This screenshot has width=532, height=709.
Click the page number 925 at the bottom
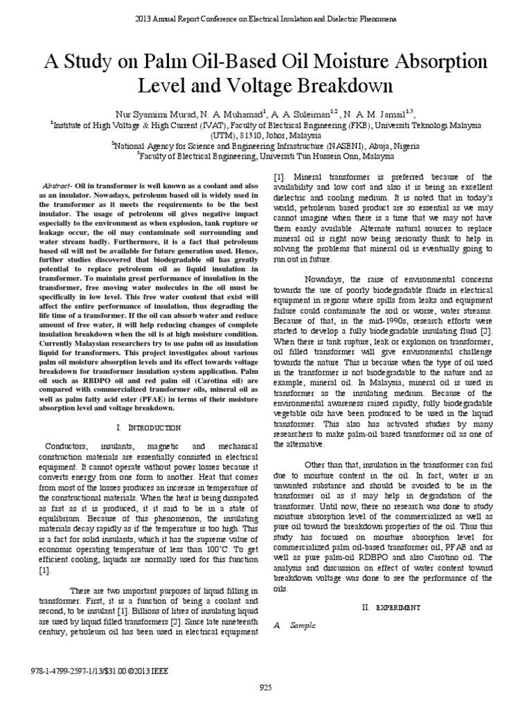click(x=266, y=687)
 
